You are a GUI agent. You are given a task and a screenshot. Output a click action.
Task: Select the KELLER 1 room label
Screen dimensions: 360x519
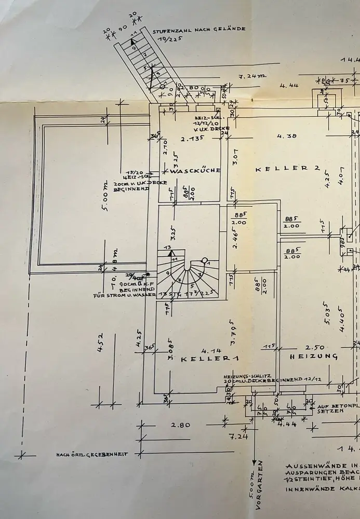[x=202, y=359]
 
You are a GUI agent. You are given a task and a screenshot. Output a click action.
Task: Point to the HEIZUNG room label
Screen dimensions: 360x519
[x=314, y=357]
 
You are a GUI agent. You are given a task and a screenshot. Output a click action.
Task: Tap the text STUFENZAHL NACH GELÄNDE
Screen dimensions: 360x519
[x=199, y=30]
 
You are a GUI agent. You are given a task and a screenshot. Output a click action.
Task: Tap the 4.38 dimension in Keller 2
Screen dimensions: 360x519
[x=286, y=136]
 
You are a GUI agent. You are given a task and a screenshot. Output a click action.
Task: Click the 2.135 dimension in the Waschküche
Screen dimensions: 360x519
[x=191, y=139]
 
